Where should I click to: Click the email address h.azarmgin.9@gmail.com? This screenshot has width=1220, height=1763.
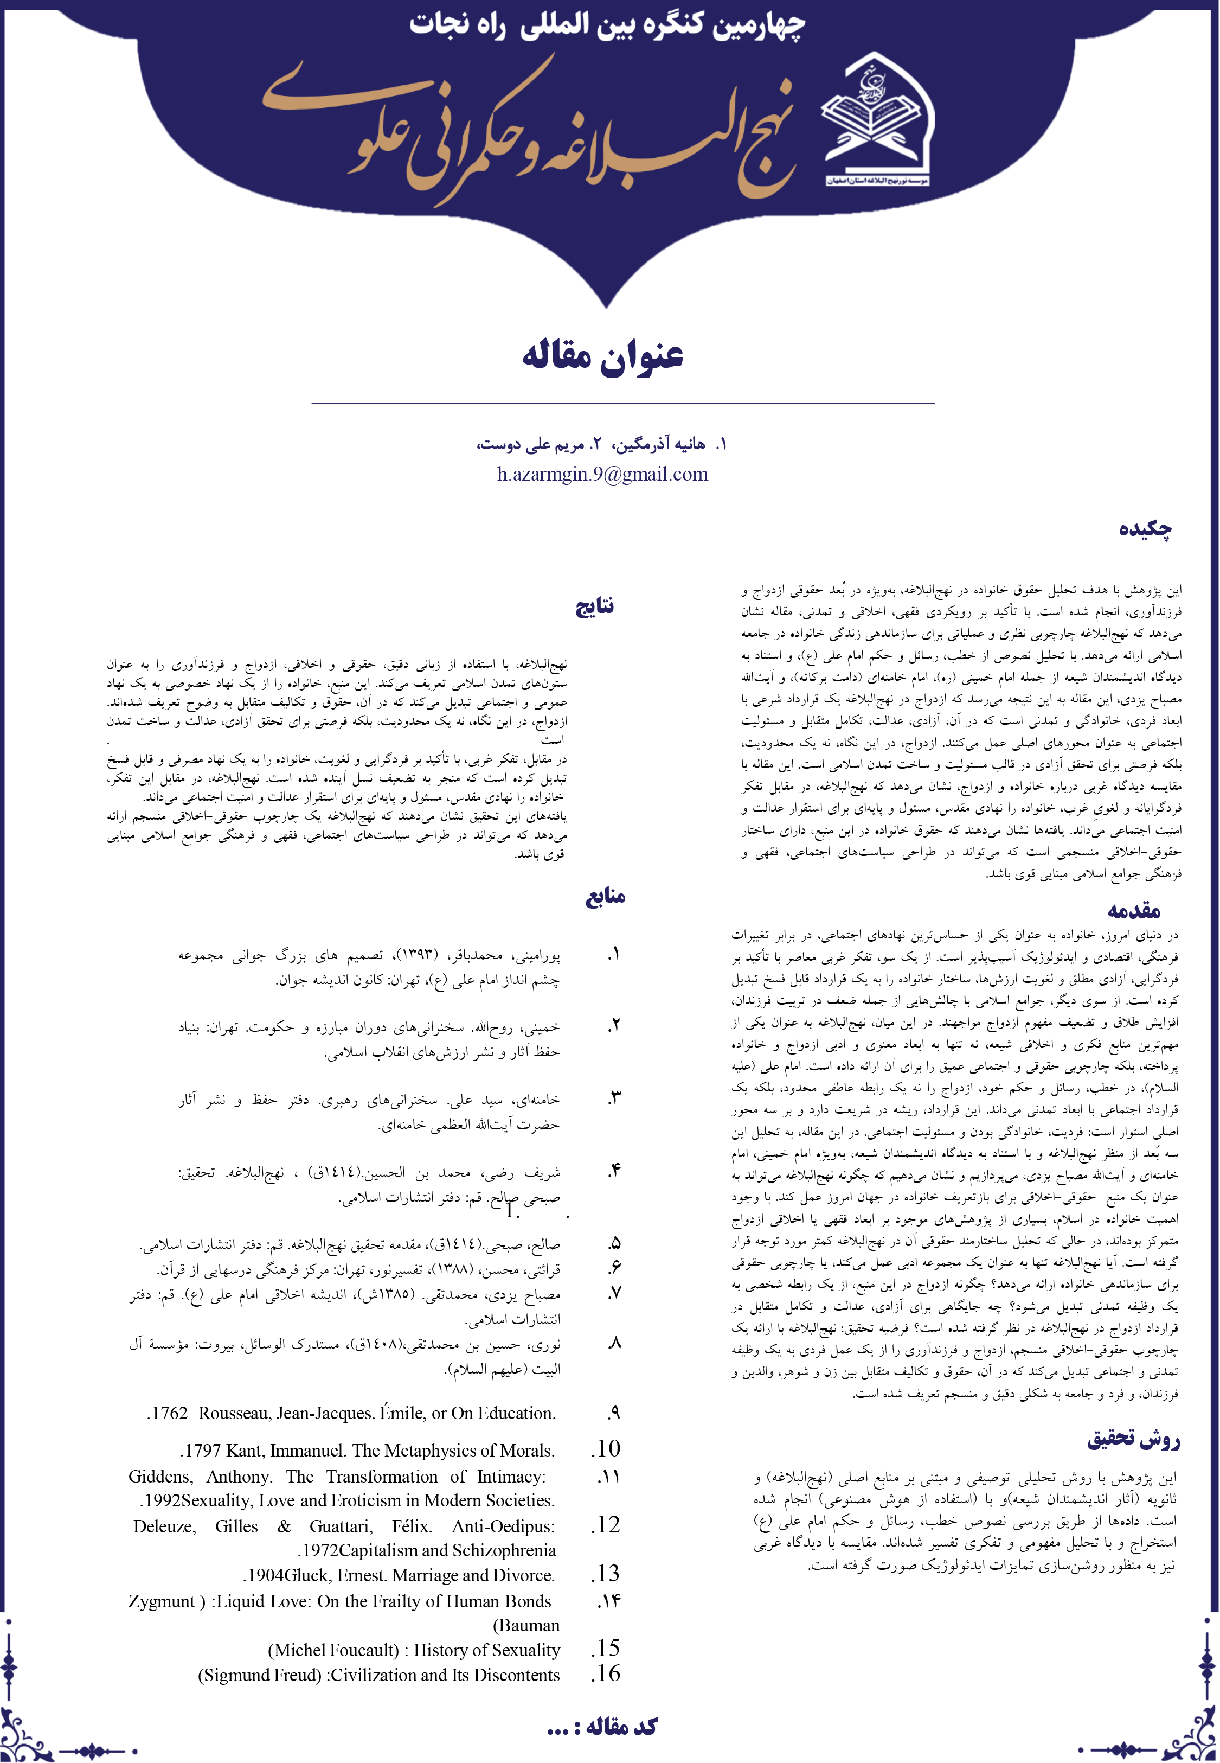click(x=602, y=475)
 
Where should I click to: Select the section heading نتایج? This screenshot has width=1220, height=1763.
click(x=595, y=606)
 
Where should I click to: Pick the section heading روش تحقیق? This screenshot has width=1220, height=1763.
click(x=1134, y=1440)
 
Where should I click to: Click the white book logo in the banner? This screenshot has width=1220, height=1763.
click(x=877, y=122)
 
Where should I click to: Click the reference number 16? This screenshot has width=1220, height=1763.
click(x=606, y=1673)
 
